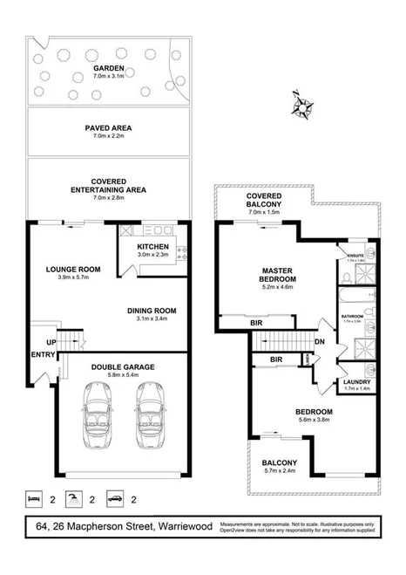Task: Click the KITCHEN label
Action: pyautogui.click(x=153, y=247)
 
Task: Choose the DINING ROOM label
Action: pyautogui.click(x=152, y=311)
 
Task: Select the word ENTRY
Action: pyautogui.click(x=42, y=355)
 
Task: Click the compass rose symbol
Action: pyautogui.click(x=304, y=107)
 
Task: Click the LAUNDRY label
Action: pyautogui.click(x=357, y=383)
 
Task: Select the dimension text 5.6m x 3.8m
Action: pyautogui.click(x=314, y=419)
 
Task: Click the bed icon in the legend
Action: pyautogui.click(x=35, y=499)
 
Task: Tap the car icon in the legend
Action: pyautogui.click(x=114, y=499)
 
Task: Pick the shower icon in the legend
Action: pyautogui.click(x=75, y=499)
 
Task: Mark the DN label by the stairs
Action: pyautogui.click(x=321, y=341)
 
